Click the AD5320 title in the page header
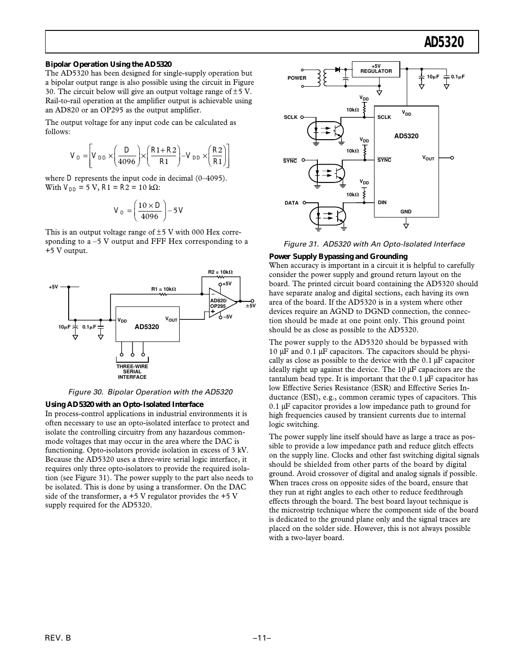tap(444, 42)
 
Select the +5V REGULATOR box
tap(376, 69)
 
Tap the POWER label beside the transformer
tap(297, 78)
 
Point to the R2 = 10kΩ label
tap(220, 272)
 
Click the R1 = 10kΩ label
tap(164, 289)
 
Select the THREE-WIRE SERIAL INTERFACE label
tap(132, 372)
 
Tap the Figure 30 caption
tap(150, 392)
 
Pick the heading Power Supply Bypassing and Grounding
tap(338, 256)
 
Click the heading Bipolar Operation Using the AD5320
tap(108, 64)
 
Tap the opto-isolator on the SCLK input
tap(325, 130)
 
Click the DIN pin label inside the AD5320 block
tap(382, 202)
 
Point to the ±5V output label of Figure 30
tap(250, 306)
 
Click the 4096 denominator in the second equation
tap(149, 216)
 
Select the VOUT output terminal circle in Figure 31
tap(452, 158)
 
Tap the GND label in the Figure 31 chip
tap(406, 212)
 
